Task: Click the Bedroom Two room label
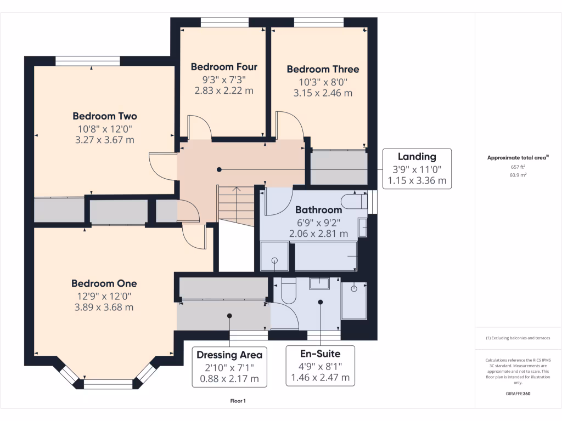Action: coord(105,116)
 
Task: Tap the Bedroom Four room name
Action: coord(224,67)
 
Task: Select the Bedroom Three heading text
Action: coord(323,69)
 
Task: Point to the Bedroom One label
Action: coord(104,283)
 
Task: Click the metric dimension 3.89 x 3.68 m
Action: coord(104,308)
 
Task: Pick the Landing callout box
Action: coord(417,169)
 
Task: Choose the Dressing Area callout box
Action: coord(229,366)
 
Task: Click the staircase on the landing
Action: coord(237,204)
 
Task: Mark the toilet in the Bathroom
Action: coord(353,201)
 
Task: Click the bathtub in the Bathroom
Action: coord(326,257)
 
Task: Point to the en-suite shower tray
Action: coord(354,300)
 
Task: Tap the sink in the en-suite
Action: coord(319,283)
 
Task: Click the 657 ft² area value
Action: coord(518,167)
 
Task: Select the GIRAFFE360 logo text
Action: coord(518,394)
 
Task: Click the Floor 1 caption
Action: coord(238,401)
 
